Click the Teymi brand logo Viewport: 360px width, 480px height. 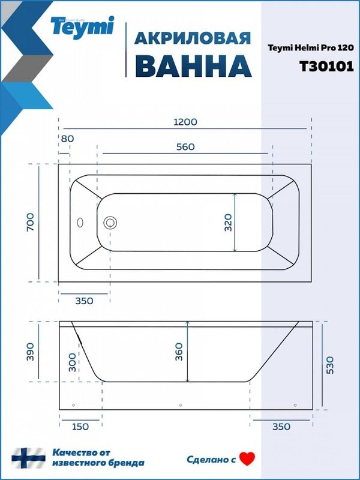pos(81,26)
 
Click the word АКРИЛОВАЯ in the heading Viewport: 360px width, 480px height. pos(191,38)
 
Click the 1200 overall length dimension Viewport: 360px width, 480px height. pos(185,122)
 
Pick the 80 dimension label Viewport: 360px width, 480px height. pos(67,139)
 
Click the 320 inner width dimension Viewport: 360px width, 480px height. pos(227,223)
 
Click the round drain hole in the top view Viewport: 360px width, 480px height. pos(110,223)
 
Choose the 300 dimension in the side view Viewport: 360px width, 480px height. pos(73,362)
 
